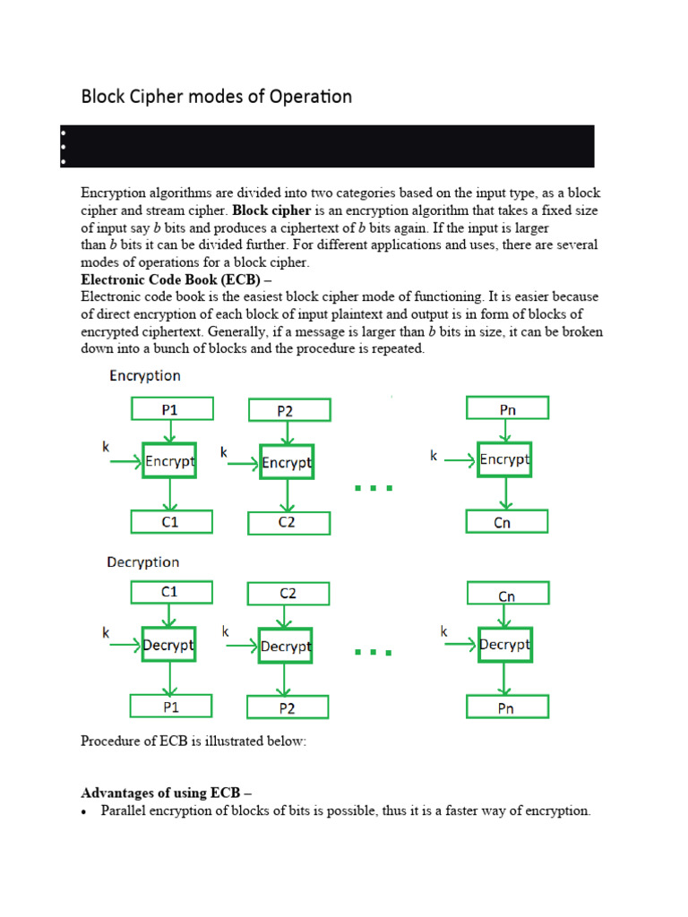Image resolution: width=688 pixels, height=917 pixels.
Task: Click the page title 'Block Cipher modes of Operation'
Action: pyautogui.click(x=217, y=96)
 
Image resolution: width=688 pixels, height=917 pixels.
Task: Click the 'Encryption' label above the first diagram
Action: pyautogui.click(x=144, y=376)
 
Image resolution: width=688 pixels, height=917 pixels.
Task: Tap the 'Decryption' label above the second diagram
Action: pyautogui.click(x=142, y=562)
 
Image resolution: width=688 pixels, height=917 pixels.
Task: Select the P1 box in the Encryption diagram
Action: pyautogui.click(x=171, y=409)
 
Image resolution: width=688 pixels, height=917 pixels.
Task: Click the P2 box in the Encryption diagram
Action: pyautogui.click(x=288, y=411)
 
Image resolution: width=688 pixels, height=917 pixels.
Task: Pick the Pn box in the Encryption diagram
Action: pyautogui.click(x=507, y=409)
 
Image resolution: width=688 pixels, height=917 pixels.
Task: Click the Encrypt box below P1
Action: pyautogui.click(x=169, y=462)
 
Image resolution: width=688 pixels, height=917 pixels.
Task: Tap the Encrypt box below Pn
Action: pyautogui.click(x=504, y=459)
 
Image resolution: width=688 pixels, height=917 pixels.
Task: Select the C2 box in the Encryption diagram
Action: pyautogui.click(x=288, y=523)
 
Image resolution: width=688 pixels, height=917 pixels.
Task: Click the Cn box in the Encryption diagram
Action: pyautogui.click(x=507, y=522)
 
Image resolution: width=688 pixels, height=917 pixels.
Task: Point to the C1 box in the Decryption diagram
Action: pyautogui.click(x=171, y=592)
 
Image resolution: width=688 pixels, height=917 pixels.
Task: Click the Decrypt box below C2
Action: pyautogui.click(x=285, y=646)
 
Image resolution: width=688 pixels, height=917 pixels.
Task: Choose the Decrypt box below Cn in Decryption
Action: pyautogui.click(x=504, y=645)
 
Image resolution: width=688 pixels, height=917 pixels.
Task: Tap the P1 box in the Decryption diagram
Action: pyautogui.click(x=171, y=707)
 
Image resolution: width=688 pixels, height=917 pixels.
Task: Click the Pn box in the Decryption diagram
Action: pyautogui.click(x=507, y=707)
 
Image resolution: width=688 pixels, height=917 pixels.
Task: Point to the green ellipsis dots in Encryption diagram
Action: pyautogui.click(x=374, y=488)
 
